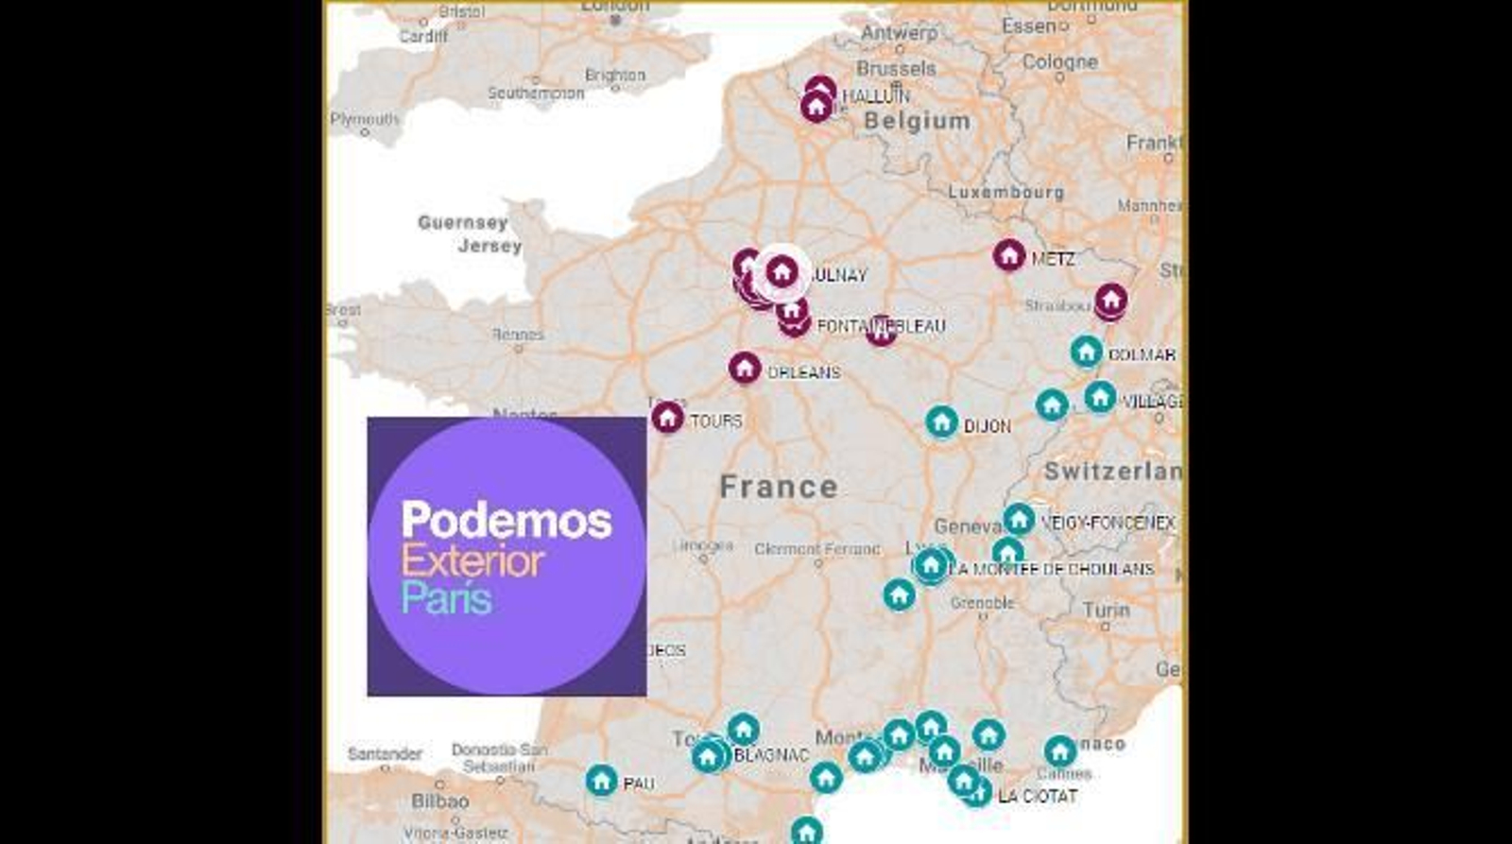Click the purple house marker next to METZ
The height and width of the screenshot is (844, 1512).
pyautogui.click(x=1008, y=254)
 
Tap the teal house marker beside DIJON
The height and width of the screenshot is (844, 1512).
pyautogui.click(x=941, y=422)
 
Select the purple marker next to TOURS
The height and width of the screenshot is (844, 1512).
pyautogui.click(x=667, y=417)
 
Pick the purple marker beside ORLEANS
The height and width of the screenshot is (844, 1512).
pyautogui.click(x=745, y=368)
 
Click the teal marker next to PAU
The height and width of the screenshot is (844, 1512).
pyautogui.click(x=601, y=781)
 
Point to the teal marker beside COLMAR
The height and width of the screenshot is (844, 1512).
pyautogui.click(x=1086, y=352)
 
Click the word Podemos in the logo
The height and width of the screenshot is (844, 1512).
pyautogui.click(x=507, y=521)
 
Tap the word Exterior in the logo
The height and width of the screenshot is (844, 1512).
pyautogui.click(x=472, y=561)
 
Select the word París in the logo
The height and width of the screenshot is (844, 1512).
pyautogui.click(x=446, y=599)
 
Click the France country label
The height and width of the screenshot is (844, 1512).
pyautogui.click(x=779, y=487)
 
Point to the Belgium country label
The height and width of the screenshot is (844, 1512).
pyautogui.click(x=917, y=121)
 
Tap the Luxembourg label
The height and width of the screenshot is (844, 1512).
pyautogui.click(x=1005, y=192)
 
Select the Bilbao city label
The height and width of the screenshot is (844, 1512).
pyautogui.click(x=439, y=801)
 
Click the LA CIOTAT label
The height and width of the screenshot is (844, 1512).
pyautogui.click(x=1038, y=797)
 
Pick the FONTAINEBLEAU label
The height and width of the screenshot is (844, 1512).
pyautogui.click(x=881, y=326)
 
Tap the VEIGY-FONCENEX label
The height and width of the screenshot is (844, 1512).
pyautogui.click(x=1108, y=523)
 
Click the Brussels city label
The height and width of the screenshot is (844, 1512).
pyautogui.click(x=896, y=69)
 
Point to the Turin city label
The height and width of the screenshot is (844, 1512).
pyautogui.click(x=1106, y=611)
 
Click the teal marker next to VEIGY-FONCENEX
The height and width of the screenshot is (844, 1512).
pyautogui.click(x=1019, y=519)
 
